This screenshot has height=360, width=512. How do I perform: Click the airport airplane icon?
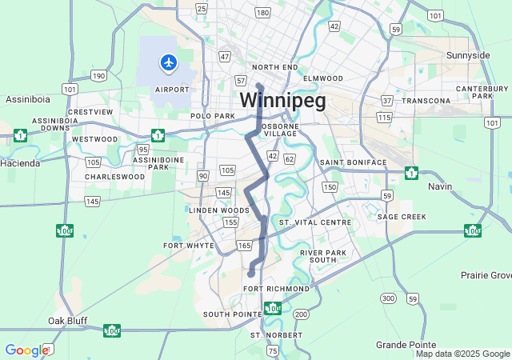[x=168, y=62]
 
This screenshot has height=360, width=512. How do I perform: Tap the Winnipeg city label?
[x=282, y=101]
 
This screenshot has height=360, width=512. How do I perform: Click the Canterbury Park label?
[x=477, y=92]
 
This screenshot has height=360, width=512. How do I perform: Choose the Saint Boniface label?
[x=353, y=162]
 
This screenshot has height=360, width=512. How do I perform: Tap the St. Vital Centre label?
[x=315, y=222]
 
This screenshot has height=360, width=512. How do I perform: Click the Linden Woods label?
[x=214, y=210]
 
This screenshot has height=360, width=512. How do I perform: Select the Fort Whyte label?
[x=189, y=246]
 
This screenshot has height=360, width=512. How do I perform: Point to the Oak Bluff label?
[x=67, y=321]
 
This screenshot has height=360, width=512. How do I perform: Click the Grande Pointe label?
[x=404, y=345]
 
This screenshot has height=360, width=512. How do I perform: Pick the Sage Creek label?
[x=402, y=217]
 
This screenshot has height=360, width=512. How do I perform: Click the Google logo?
[x=26, y=350]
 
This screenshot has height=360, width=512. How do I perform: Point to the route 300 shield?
[x=388, y=298]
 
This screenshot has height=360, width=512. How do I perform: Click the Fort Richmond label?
[x=276, y=288]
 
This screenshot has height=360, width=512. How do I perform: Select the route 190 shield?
[x=98, y=76]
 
